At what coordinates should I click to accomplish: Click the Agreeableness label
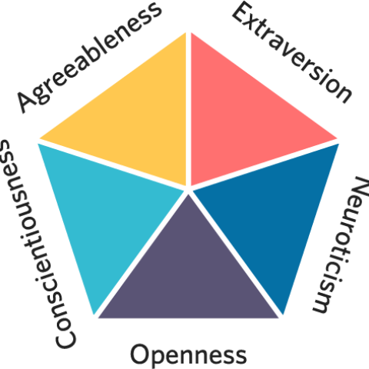(89, 57)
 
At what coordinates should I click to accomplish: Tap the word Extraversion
(291, 52)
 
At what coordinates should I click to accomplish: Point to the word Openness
(188, 355)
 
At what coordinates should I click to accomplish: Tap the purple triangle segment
(188, 274)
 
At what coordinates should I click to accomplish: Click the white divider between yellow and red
(189, 110)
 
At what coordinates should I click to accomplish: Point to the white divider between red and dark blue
(264, 165)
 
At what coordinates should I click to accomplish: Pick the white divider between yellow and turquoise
(113, 165)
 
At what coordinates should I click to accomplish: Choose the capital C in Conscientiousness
(65, 338)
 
